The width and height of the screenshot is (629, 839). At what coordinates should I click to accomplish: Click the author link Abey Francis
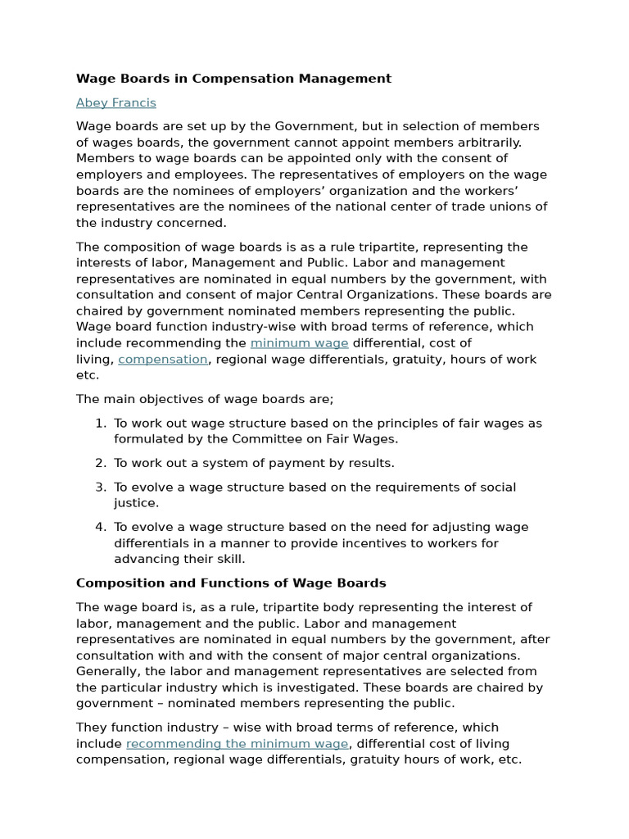click(x=115, y=102)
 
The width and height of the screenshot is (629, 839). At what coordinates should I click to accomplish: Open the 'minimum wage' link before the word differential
click(x=299, y=342)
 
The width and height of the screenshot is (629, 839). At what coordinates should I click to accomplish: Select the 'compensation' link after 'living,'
click(x=163, y=359)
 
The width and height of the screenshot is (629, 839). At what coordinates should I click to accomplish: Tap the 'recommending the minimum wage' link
click(x=238, y=743)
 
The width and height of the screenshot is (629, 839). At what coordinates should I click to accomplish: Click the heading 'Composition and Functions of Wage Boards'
click(x=231, y=583)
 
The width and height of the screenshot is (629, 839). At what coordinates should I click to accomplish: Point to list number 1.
click(x=100, y=424)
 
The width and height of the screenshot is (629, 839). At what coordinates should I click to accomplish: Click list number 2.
click(x=100, y=463)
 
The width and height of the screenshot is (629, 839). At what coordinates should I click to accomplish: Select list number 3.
click(x=100, y=488)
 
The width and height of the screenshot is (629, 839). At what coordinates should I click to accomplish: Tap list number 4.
click(x=100, y=527)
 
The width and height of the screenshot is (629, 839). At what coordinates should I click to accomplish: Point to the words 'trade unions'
click(x=491, y=206)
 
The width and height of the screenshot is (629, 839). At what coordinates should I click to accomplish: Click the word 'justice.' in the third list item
click(x=136, y=503)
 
